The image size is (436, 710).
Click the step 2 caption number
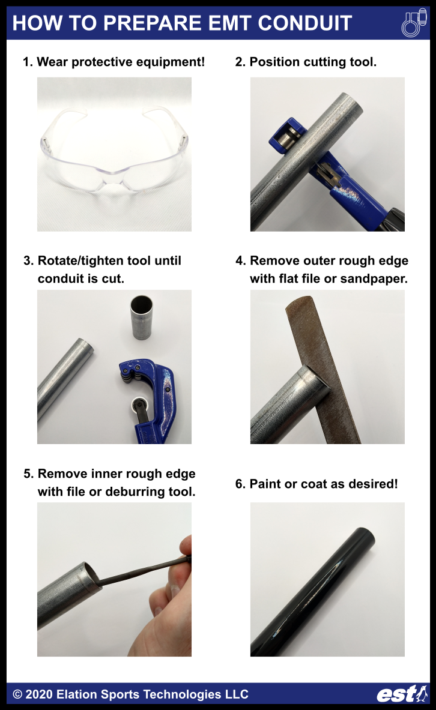[x=240, y=62]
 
